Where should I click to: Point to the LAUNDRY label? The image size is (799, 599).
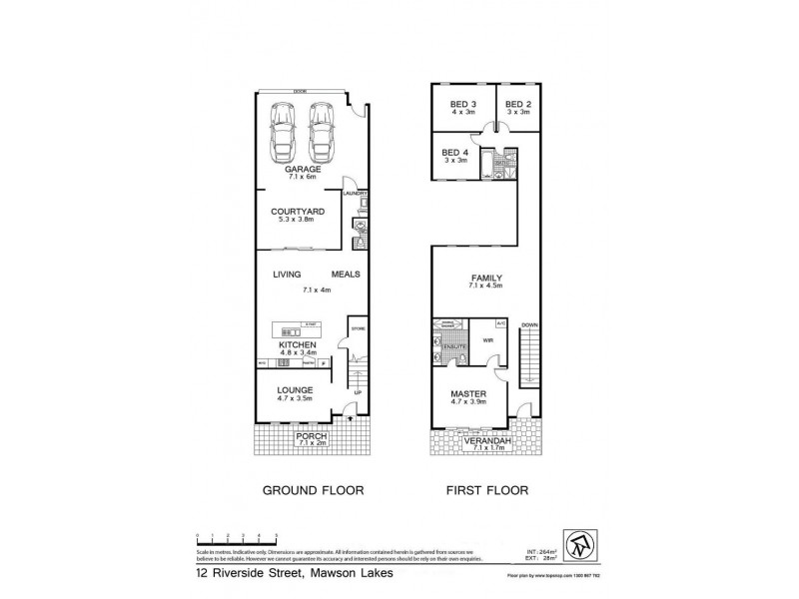357,193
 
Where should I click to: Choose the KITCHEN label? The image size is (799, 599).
298,345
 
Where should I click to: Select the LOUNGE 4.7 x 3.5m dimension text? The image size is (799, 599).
297,399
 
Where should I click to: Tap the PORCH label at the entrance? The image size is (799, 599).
306,435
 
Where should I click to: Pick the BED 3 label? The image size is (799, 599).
460,105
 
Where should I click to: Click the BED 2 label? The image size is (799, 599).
516,105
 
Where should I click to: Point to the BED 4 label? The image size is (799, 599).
455,152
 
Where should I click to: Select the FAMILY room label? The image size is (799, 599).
487,278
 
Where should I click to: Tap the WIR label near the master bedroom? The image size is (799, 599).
488,340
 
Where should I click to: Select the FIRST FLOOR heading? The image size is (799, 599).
487,491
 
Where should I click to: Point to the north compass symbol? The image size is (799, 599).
584,543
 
